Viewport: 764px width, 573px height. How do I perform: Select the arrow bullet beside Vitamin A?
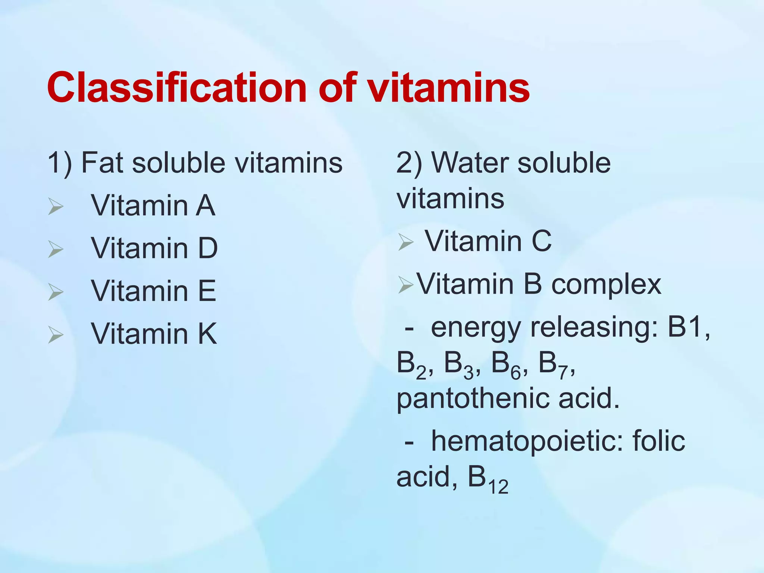[x=56, y=206]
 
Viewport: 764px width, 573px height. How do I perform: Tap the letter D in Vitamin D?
[x=208, y=248]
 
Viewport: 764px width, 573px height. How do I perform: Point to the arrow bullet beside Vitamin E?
[x=56, y=292]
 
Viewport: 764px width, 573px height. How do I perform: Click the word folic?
[x=658, y=440]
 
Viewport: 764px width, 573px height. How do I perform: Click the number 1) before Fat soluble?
[x=60, y=163]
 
